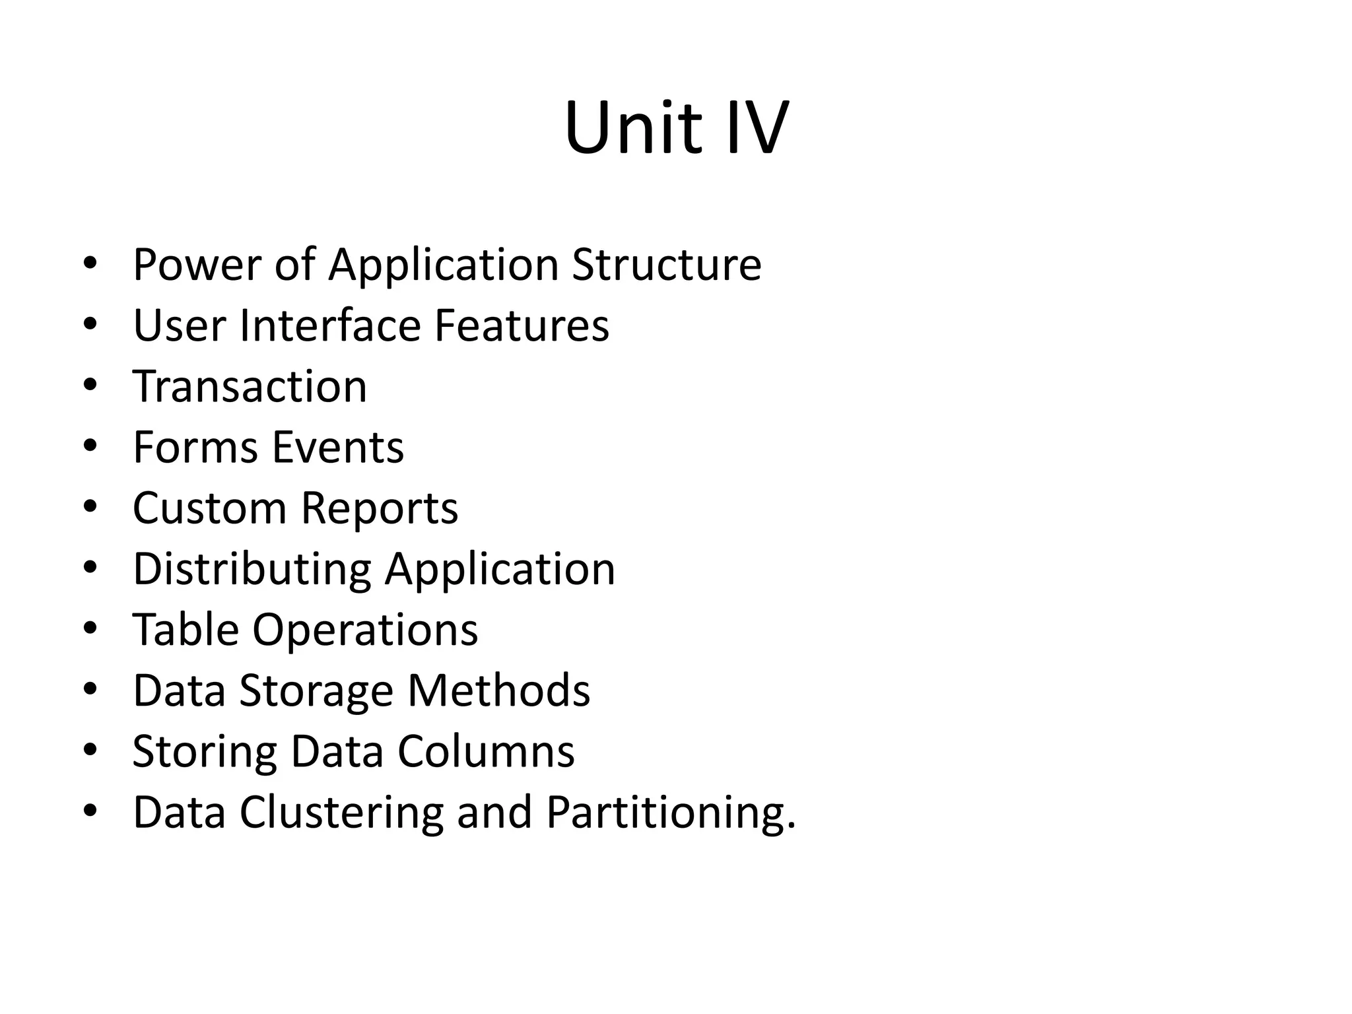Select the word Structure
coord(666,264)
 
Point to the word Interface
coord(329,325)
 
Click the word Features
coord(522,325)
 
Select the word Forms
coord(195,447)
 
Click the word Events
coord(338,447)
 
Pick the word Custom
coord(209,508)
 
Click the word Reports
coord(379,508)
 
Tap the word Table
coord(186,630)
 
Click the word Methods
coord(498,691)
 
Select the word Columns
coord(486,751)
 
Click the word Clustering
coord(341,813)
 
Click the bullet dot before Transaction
coord(90,384)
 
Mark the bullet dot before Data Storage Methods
coord(90,689)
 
